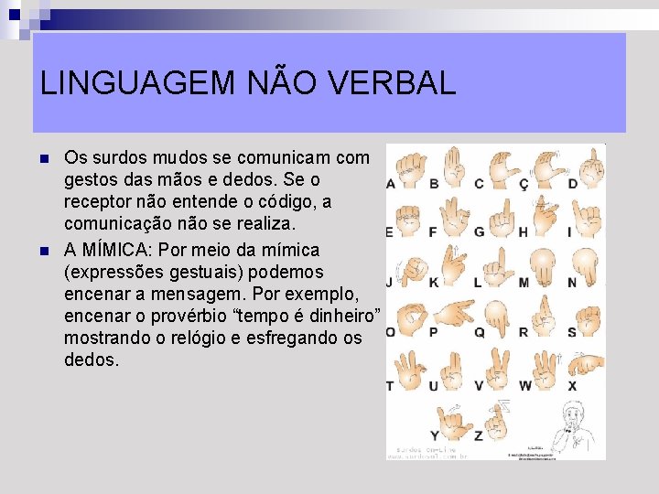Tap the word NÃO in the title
point(279,83)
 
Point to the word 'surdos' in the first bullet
point(124,157)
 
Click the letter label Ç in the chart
point(524,184)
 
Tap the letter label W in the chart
point(524,386)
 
